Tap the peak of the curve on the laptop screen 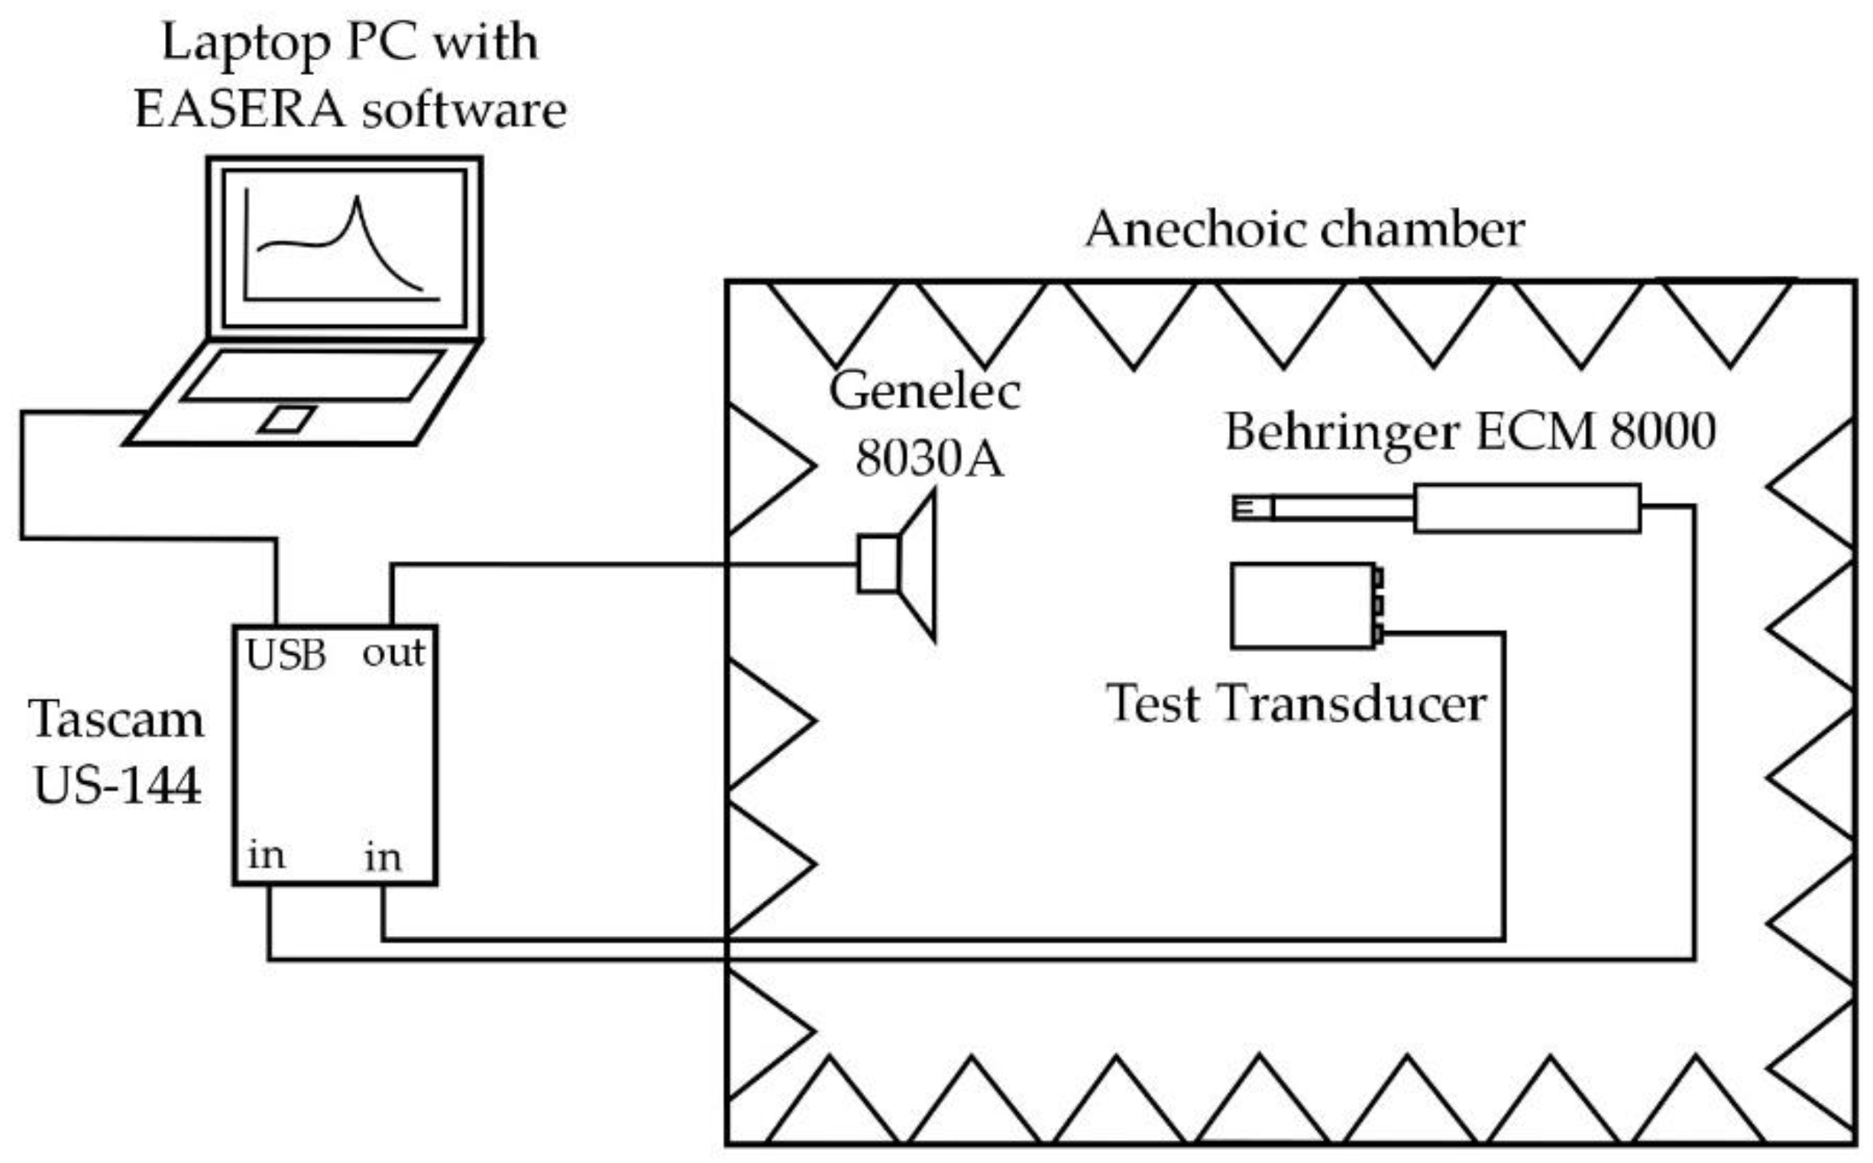(x=357, y=200)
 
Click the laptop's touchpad (x=286, y=420)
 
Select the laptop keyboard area (x=314, y=375)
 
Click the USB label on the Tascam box (x=286, y=656)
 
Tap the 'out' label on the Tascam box (x=393, y=655)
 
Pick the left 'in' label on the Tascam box (x=266, y=856)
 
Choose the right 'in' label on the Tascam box (x=383, y=858)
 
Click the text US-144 (x=117, y=786)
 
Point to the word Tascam (x=117, y=720)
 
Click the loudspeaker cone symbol (x=919, y=566)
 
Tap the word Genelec (x=924, y=391)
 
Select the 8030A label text (x=929, y=459)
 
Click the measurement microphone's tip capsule (x=1252, y=508)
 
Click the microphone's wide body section (x=1526, y=508)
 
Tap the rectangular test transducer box (x=1302, y=606)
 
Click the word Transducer (x=1352, y=705)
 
